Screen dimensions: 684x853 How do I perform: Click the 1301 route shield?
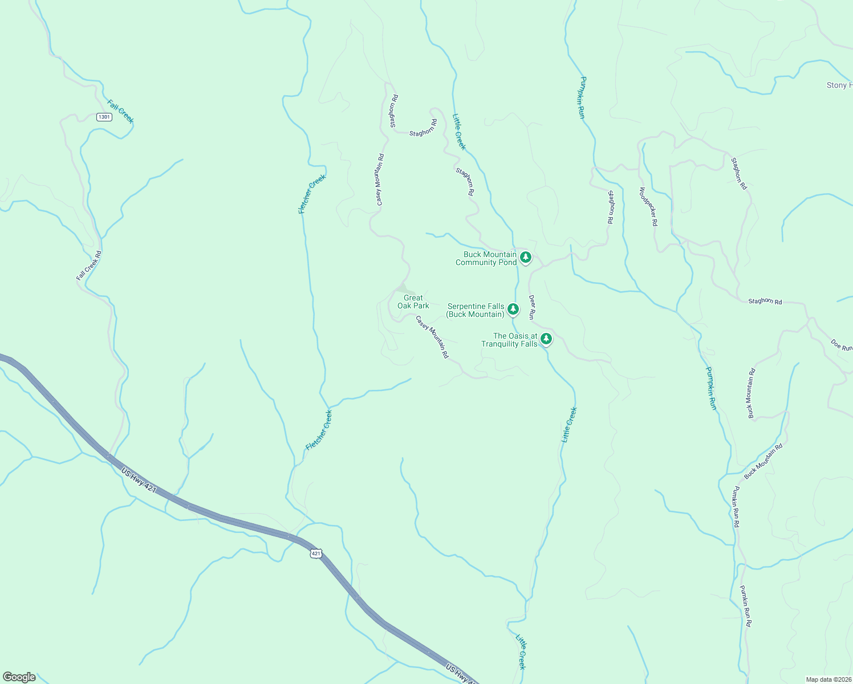click(x=104, y=117)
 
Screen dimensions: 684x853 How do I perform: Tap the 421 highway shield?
click(x=316, y=553)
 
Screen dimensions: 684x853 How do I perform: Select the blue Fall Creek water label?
click(x=120, y=111)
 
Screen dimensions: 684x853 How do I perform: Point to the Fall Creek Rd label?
click(x=89, y=266)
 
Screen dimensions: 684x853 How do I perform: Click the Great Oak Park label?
click(x=413, y=302)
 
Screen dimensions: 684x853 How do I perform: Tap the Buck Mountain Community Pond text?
click(x=486, y=259)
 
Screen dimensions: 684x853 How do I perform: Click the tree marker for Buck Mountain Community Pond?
click(x=526, y=258)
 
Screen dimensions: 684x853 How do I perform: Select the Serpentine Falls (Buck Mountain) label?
click(x=476, y=311)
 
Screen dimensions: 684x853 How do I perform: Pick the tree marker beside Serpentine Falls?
click(x=513, y=309)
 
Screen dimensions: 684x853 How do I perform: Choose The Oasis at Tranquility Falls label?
click(x=509, y=340)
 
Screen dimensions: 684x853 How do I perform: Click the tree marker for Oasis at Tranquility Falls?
click(x=546, y=339)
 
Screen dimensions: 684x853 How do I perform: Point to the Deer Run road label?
click(x=532, y=307)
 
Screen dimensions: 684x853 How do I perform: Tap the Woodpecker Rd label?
click(x=648, y=207)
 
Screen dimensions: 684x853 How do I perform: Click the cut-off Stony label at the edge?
click(x=839, y=85)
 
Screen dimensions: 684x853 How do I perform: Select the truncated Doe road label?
click(x=841, y=345)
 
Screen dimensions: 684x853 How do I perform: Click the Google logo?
click(x=19, y=677)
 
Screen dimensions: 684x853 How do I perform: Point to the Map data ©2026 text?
click(x=828, y=679)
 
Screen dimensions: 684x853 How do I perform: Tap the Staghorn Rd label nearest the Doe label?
click(x=765, y=301)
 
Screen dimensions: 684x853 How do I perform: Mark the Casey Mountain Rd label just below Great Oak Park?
click(x=432, y=337)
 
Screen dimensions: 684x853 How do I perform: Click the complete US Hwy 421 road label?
click(x=139, y=480)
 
